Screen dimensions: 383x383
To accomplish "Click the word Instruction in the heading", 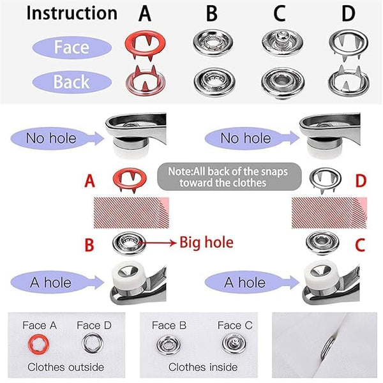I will point(71,13).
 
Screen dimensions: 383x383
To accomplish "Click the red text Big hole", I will point(206,243).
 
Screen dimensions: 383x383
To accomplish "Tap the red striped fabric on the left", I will point(130,212).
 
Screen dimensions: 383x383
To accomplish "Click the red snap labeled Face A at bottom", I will point(39,345).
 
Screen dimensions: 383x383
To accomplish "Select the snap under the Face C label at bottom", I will point(234,345).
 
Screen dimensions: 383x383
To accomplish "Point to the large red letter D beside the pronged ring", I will point(360,181).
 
